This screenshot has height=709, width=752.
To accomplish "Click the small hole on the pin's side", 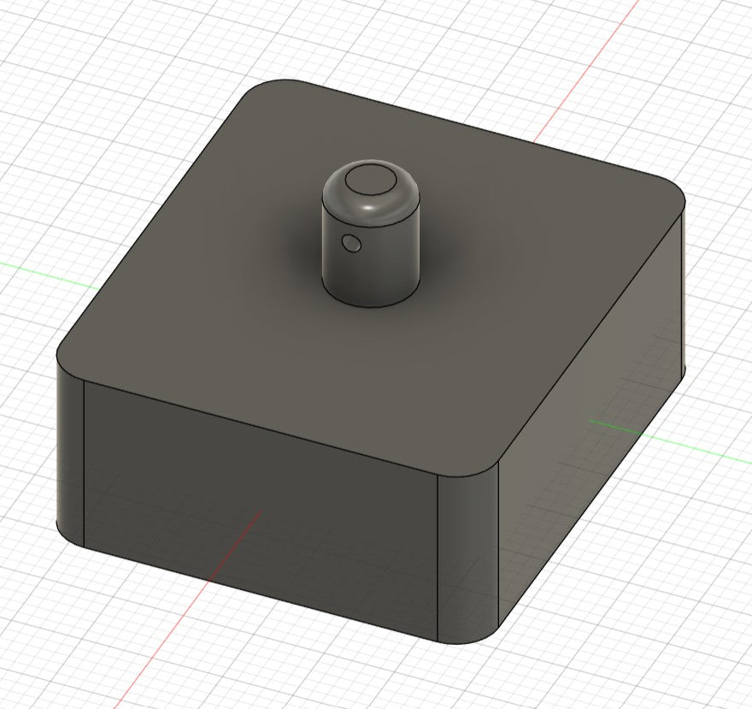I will (351, 245).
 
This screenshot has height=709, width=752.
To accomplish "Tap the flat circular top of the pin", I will (370, 181).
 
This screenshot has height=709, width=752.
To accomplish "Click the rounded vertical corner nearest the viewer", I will (467, 556).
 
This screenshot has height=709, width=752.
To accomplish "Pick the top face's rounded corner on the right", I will (672, 200).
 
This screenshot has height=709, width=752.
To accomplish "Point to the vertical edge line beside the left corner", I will (84, 462).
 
